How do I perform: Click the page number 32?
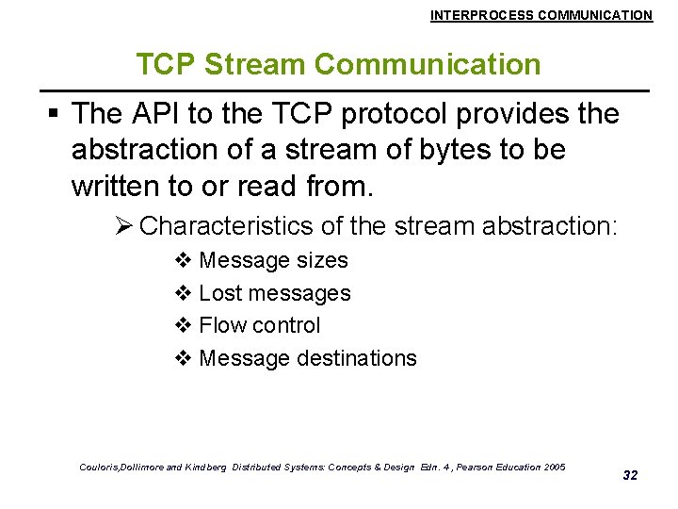(630, 475)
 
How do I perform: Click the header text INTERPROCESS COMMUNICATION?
(541, 15)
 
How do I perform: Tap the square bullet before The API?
(54, 115)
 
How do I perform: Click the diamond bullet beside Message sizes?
(184, 260)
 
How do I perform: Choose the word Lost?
(219, 293)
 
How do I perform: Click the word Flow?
(221, 325)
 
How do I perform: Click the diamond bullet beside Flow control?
(184, 325)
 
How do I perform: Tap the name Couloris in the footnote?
(103, 468)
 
